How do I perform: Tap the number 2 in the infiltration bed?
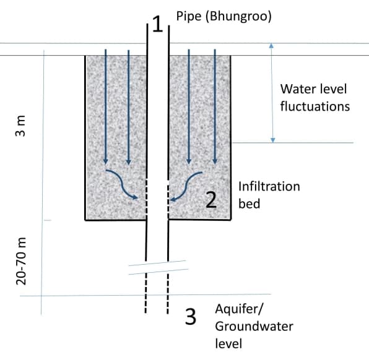click(x=211, y=199)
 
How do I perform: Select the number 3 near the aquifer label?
click(x=191, y=317)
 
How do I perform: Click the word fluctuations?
click(x=315, y=106)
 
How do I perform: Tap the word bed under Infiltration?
click(x=248, y=203)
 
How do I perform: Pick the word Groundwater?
click(x=254, y=325)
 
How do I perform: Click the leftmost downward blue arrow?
click(x=106, y=105)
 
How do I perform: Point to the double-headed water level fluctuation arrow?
click(x=271, y=93)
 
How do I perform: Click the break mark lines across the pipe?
click(x=157, y=267)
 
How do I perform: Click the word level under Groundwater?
click(x=228, y=343)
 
